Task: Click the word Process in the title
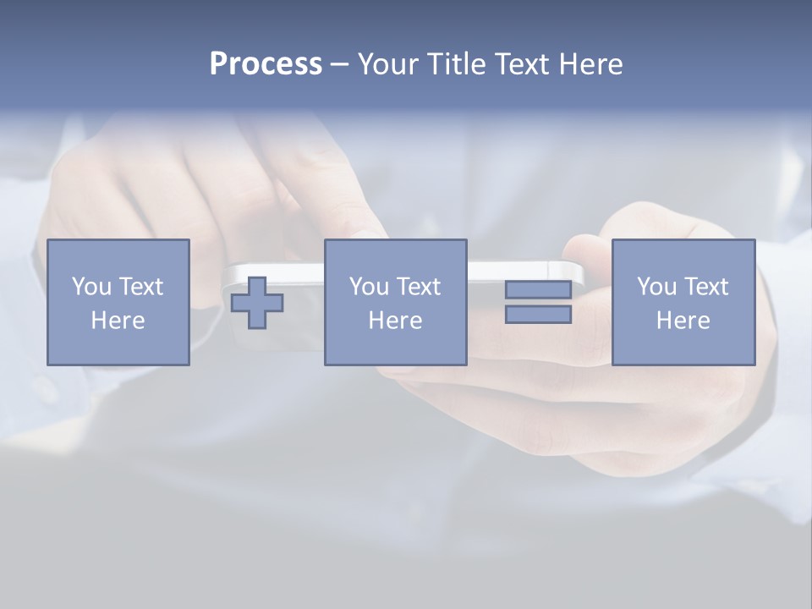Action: tap(266, 64)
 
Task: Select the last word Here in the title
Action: tap(590, 64)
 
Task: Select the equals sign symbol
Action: tap(538, 302)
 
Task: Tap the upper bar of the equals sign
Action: tap(538, 290)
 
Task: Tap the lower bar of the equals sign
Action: tap(538, 315)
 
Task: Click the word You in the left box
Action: tap(91, 287)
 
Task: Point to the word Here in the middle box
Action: tap(395, 321)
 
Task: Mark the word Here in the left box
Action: tap(118, 321)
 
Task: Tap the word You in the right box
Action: tap(656, 287)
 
